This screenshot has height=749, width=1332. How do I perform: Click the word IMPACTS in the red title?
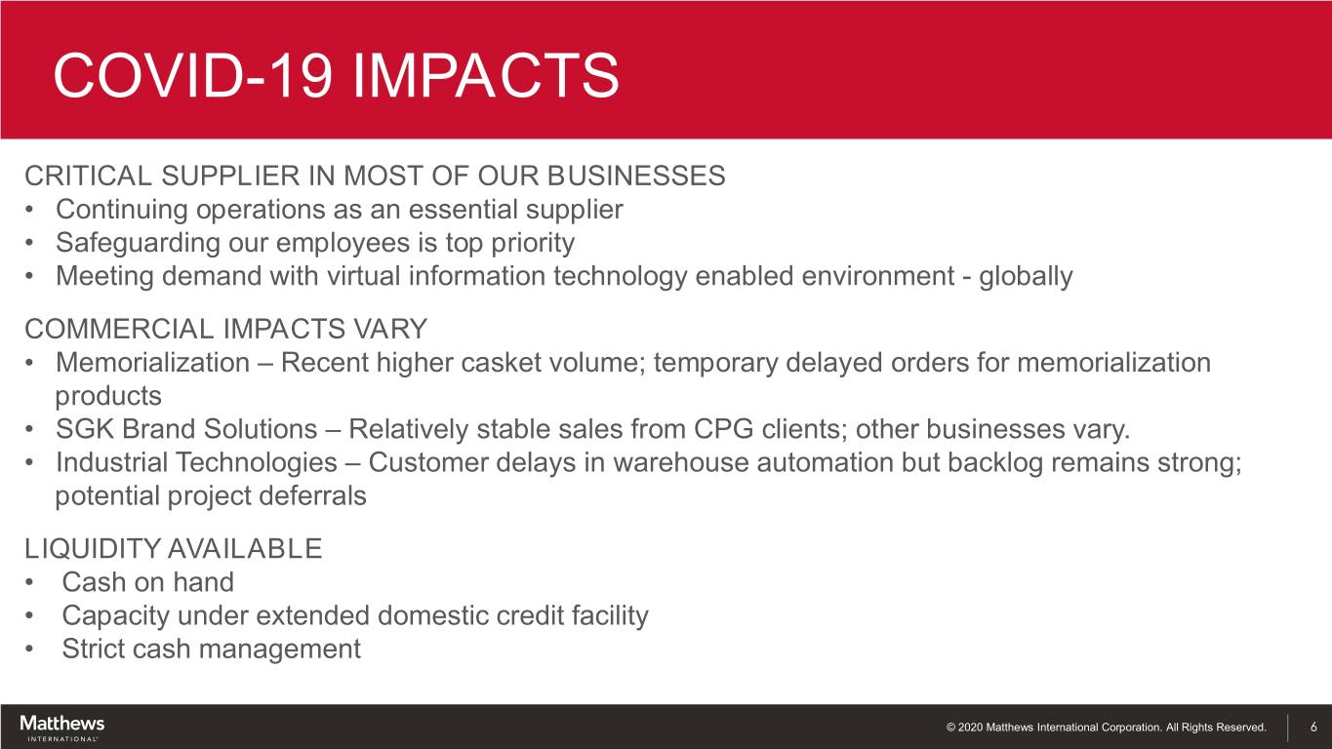coord(486,75)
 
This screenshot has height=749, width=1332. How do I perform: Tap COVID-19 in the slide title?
coord(192,75)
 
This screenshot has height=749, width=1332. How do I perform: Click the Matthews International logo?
coord(61,728)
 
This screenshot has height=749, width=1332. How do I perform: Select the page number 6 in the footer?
coord(1313,727)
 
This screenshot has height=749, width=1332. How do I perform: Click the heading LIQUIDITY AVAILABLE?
coord(173,548)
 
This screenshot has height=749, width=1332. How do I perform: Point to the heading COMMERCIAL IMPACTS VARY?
coord(226,329)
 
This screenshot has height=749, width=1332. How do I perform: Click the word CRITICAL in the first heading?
coord(89,176)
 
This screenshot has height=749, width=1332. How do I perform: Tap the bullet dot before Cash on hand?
coord(29,583)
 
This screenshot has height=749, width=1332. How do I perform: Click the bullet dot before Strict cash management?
coord(29,650)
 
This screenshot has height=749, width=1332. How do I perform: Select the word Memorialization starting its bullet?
coord(153,363)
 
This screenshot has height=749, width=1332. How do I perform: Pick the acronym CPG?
coord(724,429)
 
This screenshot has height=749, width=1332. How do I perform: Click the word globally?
coord(1026,277)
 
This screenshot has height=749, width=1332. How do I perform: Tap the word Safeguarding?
coord(138,244)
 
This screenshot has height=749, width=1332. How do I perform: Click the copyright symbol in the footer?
coord(950,727)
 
